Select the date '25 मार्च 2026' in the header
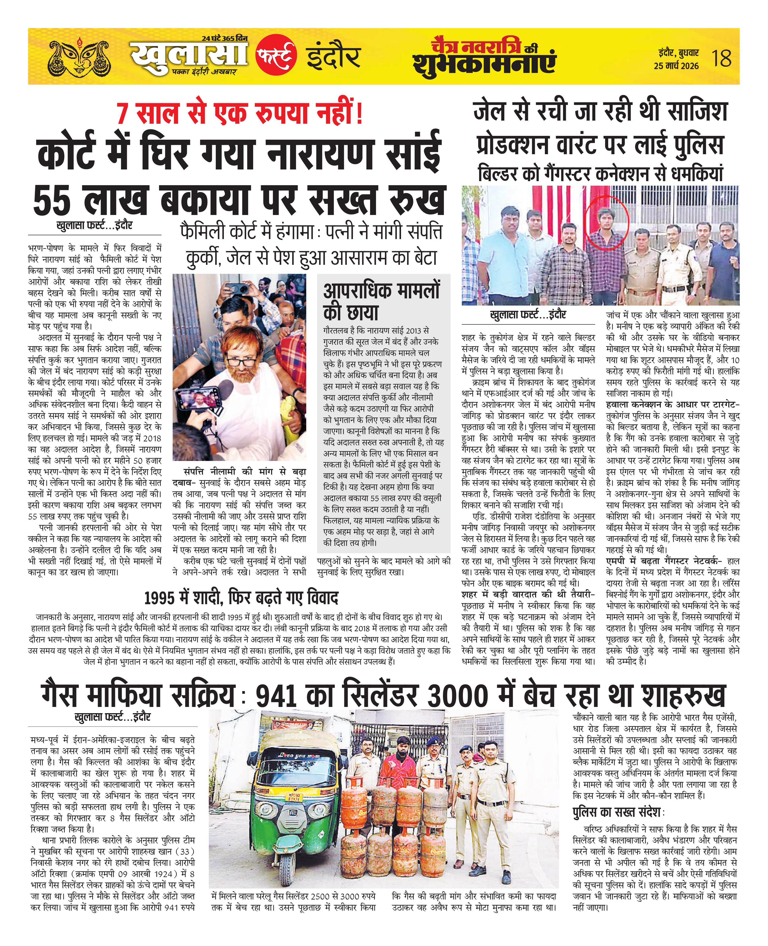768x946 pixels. click(676, 66)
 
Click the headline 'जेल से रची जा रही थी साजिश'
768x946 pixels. click(600, 111)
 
